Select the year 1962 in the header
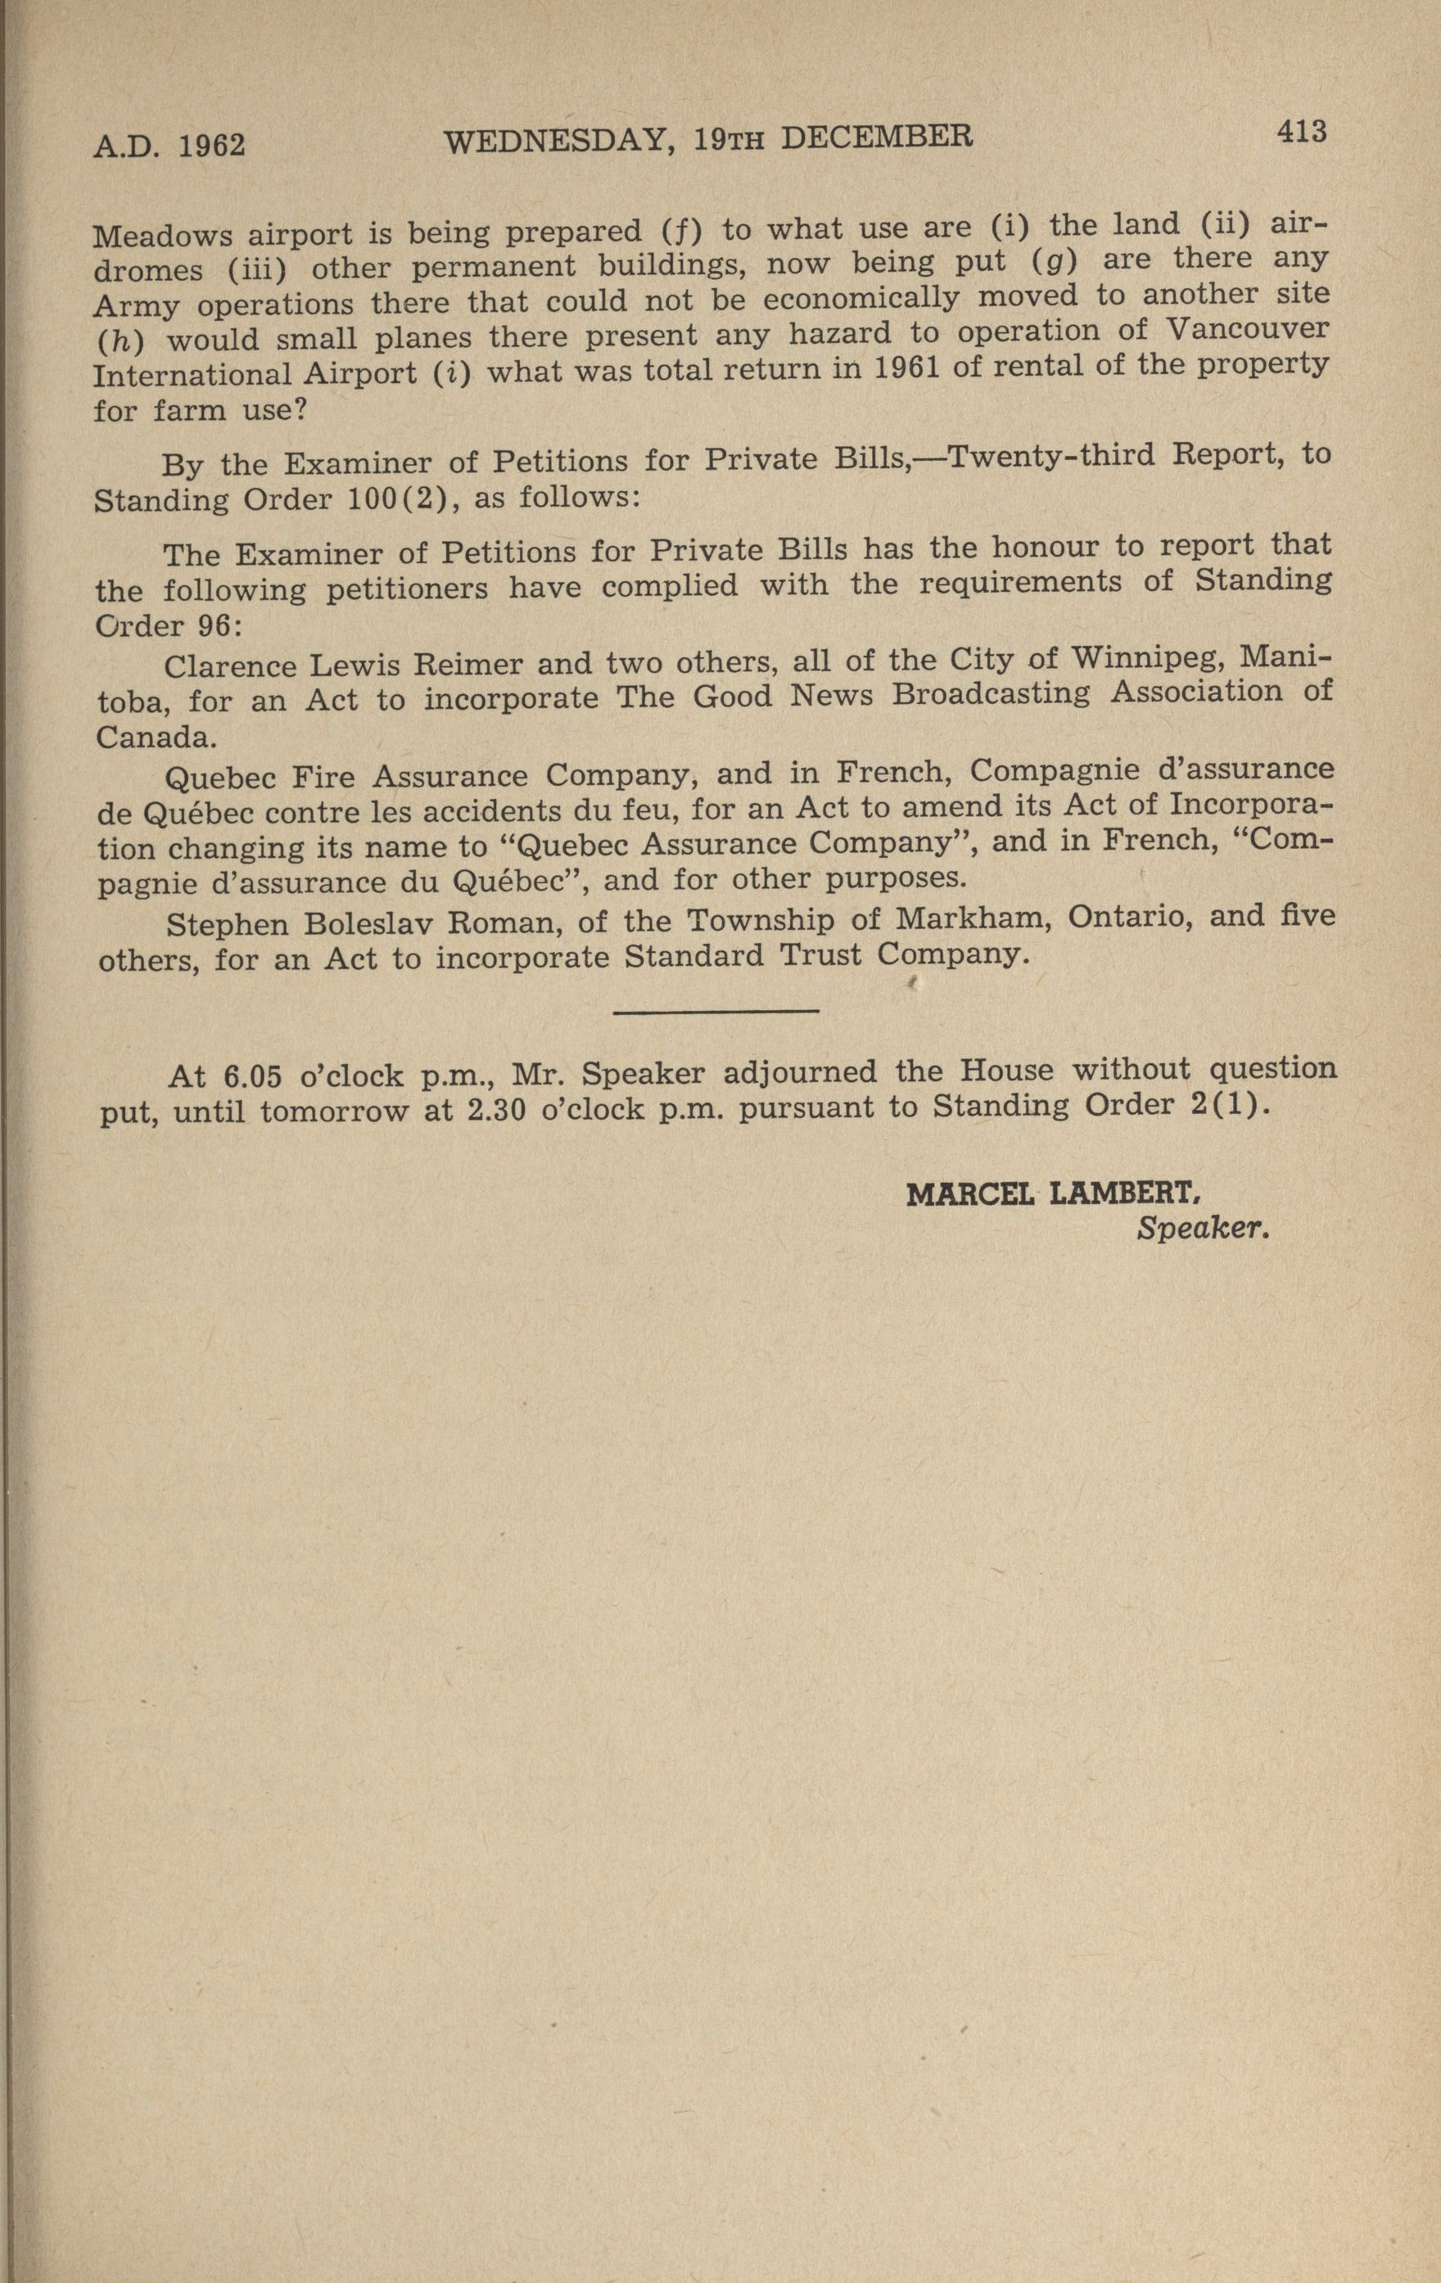[212, 145]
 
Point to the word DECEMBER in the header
[877, 137]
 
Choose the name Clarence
[233, 665]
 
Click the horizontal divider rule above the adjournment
[716, 1013]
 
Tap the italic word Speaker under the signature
[1202, 1229]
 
